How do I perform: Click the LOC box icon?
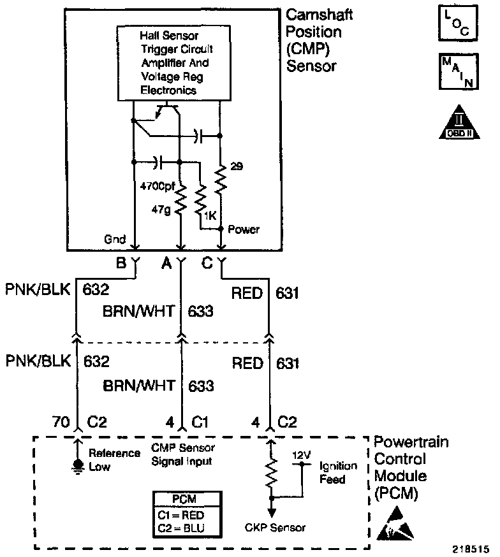(x=458, y=23)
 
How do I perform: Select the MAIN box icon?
(x=459, y=71)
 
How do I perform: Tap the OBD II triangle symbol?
(x=459, y=122)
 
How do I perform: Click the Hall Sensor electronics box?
(x=173, y=63)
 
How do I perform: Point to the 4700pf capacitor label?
(x=158, y=186)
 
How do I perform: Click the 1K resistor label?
(x=210, y=215)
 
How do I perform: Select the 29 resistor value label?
(x=237, y=166)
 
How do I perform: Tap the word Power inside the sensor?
(x=244, y=229)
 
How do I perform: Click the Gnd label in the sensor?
(x=115, y=239)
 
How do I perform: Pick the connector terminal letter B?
(x=121, y=263)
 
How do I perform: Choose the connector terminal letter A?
(x=166, y=263)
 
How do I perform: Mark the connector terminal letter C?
(x=207, y=263)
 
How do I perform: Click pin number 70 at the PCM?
(x=61, y=422)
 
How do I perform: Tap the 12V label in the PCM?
(x=302, y=455)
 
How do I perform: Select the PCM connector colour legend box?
(x=187, y=514)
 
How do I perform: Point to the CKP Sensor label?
(x=275, y=528)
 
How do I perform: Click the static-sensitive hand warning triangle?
(x=395, y=524)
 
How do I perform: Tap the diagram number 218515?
(x=471, y=549)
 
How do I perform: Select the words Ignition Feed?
(x=338, y=472)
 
